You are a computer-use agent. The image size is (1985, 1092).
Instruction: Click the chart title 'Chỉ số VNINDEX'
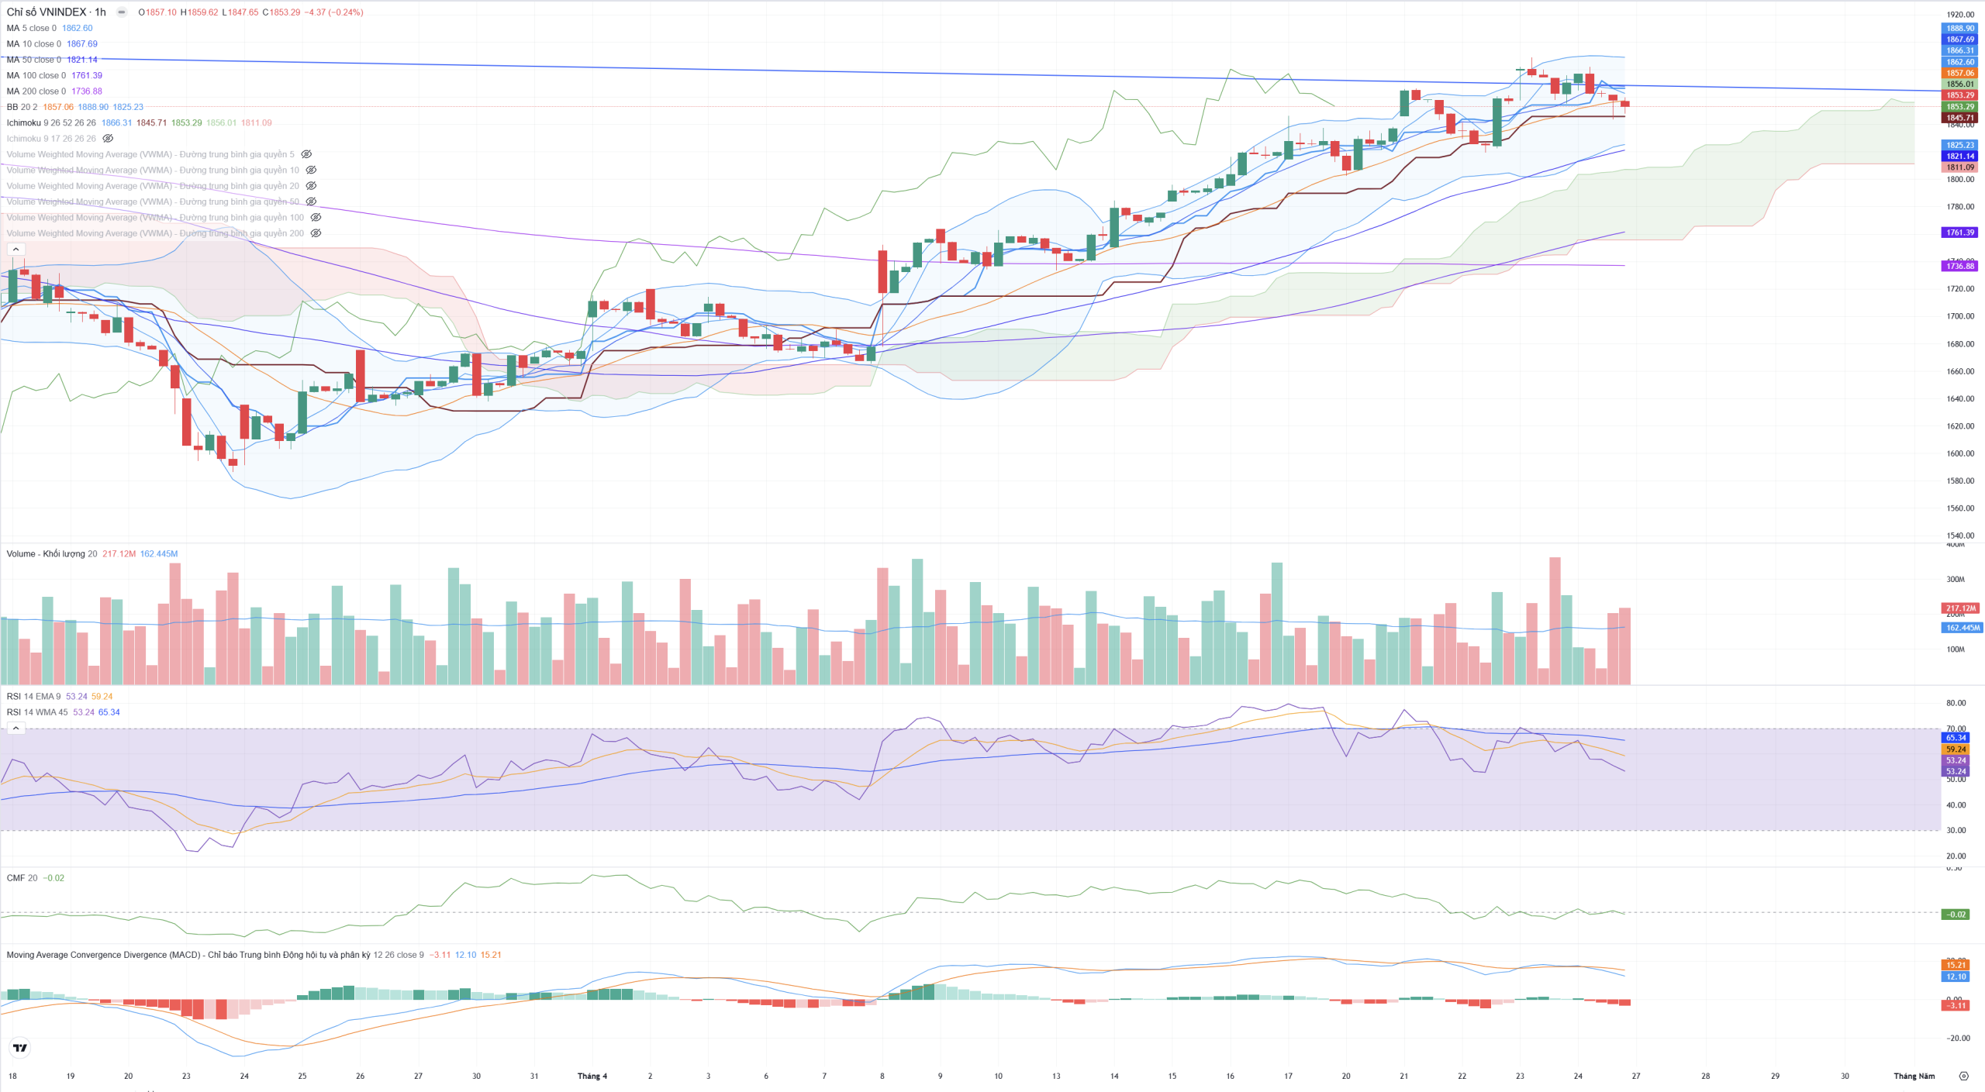(x=47, y=12)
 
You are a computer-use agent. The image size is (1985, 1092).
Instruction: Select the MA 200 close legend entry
(x=36, y=91)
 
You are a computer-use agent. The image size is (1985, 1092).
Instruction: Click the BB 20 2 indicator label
(x=22, y=107)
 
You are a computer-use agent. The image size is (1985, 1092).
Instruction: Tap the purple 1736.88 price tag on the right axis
(x=1959, y=266)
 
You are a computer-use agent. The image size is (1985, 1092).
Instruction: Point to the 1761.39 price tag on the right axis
(x=1959, y=233)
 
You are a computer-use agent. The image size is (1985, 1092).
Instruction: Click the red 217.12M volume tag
(x=1959, y=608)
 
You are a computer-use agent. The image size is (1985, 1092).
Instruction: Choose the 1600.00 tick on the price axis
(x=1959, y=453)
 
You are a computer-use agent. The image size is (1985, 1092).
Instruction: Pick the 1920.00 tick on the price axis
(x=1959, y=15)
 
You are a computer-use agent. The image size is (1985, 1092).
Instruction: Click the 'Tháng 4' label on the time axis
(x=592, y=1076)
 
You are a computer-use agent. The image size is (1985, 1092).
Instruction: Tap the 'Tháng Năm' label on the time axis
(x=1914, y=1076)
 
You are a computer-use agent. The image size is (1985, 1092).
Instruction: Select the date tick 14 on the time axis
(x=1114, y=1076)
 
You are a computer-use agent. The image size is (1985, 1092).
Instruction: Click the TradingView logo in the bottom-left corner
(x=20, y=1048)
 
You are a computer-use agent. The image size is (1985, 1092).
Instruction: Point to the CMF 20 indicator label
(x=22, y=878)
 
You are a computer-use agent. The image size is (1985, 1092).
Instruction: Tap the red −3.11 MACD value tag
(x=1956, y=1005)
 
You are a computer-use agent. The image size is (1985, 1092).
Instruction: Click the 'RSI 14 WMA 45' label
(x=37, y=712)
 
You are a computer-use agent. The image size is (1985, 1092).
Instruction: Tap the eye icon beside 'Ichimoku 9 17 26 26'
(x=109, y=139)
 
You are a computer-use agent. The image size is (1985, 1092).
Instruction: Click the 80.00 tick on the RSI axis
(x=1956, y=703)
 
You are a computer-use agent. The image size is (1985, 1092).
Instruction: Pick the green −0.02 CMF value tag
(x=1956, y=915)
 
